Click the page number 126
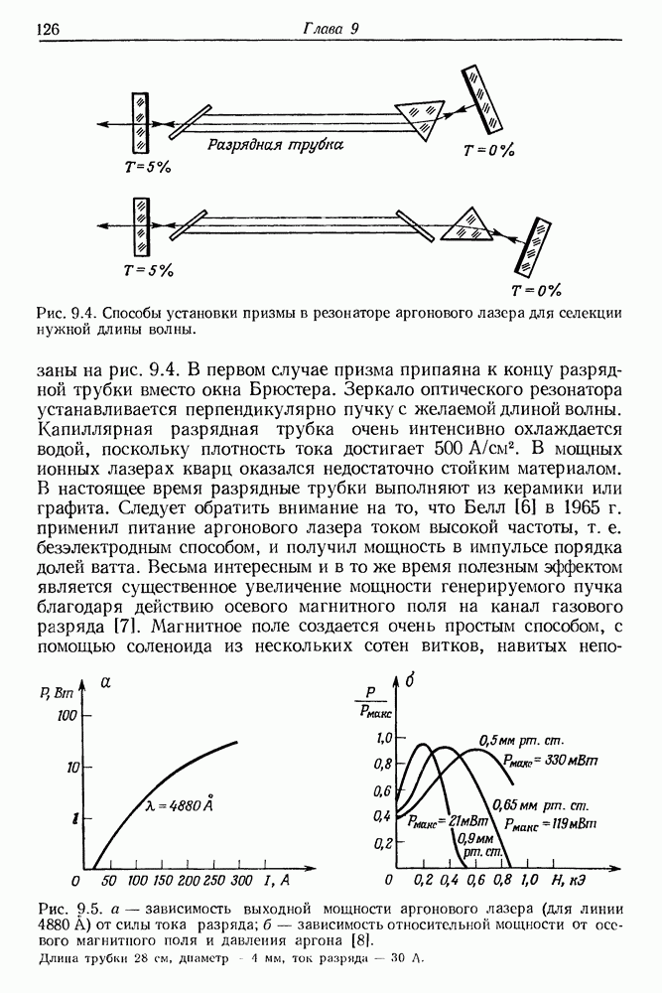tap(49, 30)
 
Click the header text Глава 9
tap(330, 29)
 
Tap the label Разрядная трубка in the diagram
tap(276, 145)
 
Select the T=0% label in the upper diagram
tap(489, 151)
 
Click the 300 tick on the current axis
tap(239, 881)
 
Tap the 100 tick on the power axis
tap(67, 716)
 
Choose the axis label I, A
tap(277, 880)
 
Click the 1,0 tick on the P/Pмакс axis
tap(381, 737)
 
